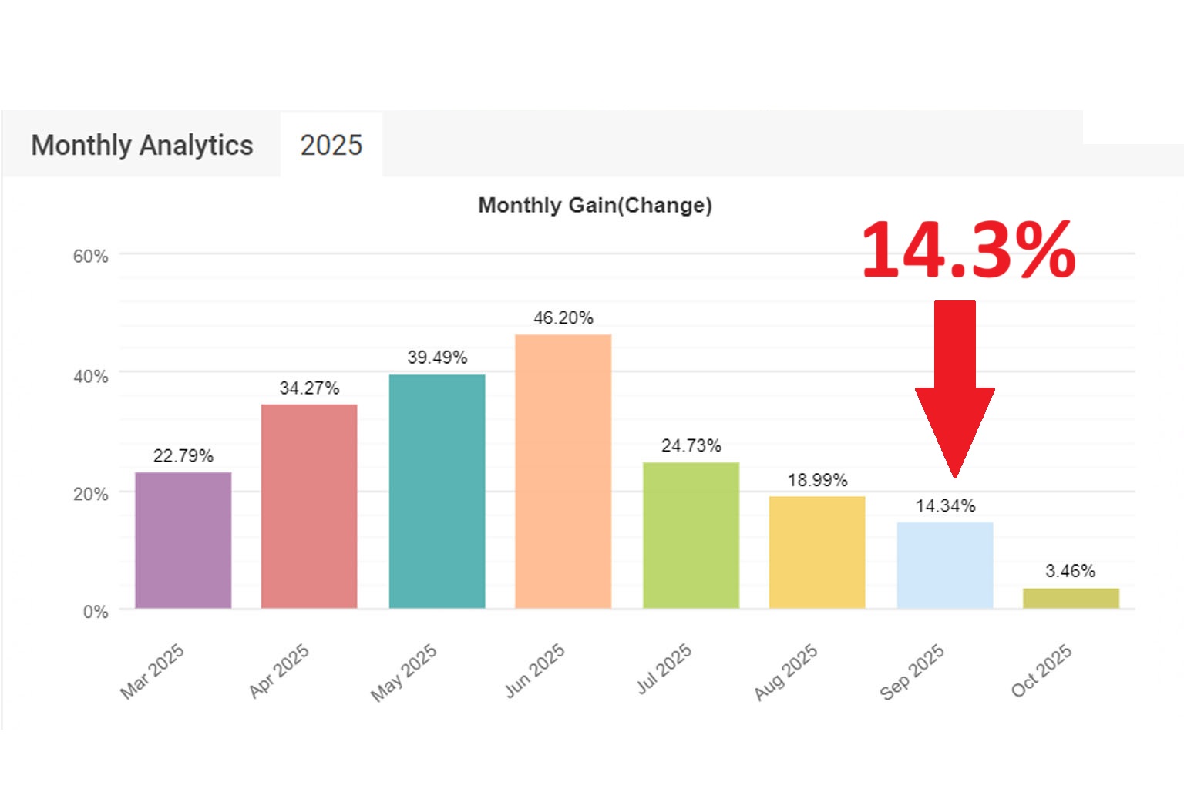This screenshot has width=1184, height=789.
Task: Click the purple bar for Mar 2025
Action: (183, 540)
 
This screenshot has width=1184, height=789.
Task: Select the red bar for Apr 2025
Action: (309, 506)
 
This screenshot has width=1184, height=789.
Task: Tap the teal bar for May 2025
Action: (437, 491)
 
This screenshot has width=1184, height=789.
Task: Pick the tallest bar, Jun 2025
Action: (563, 471)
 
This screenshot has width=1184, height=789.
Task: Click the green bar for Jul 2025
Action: (691, 535)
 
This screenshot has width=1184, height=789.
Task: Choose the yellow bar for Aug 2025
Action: (817, 552)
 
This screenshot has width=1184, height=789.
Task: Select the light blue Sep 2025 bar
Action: (945, 565)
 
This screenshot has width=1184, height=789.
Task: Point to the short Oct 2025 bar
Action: (1071, 598)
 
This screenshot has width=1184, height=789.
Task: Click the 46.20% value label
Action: (563, 317)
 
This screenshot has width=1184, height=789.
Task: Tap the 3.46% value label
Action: (1070, 571)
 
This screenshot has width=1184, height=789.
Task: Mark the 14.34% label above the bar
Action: (945, 505)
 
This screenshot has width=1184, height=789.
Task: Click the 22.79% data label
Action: (183, 455)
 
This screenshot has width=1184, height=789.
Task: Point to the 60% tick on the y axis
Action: (90, 257)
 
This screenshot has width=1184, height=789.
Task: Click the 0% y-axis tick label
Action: (96, 612)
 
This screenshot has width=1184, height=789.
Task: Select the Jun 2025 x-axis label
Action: (535, 670)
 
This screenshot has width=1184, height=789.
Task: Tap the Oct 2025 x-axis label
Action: (1041, 670)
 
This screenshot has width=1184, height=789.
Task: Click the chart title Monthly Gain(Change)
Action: (595, 205)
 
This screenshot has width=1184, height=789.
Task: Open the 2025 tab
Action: (331, 145)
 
